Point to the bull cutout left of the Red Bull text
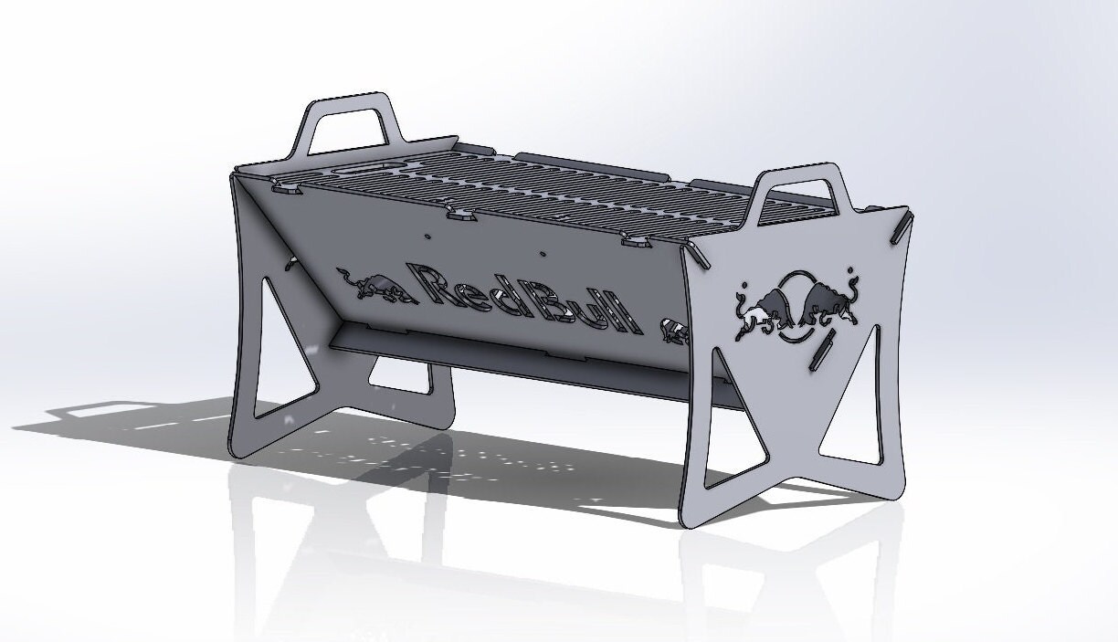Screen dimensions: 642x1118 369,282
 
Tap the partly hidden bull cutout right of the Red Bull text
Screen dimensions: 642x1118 674,330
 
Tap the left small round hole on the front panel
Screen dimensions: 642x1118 427,236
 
